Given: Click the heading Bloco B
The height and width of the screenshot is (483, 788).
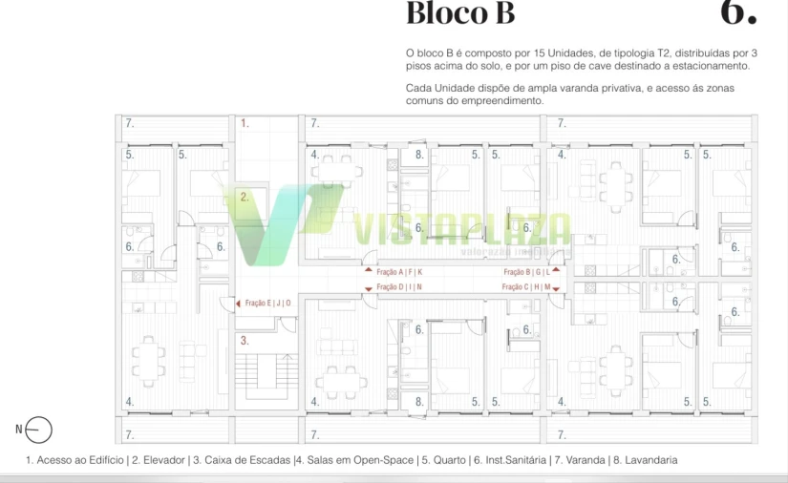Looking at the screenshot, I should click(x=460, y=14).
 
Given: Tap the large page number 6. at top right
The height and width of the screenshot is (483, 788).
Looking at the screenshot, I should click(x=738, y=12).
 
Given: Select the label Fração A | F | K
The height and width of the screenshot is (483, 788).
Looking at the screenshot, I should click(x=399, y=272).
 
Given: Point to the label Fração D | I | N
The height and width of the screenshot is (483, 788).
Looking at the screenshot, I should click(x=399, y=287).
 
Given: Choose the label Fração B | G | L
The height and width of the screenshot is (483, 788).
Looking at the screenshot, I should click(x=527, y=272).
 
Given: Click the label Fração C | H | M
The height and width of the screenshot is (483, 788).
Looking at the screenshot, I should click(x=527, y=287).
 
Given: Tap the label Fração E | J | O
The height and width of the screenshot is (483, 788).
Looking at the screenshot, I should click(x=268, y=304).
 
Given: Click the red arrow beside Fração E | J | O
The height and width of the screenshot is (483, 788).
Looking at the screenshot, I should click(x=238, y=304).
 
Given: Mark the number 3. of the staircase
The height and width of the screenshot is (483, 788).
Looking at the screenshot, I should click(x=245, y=340).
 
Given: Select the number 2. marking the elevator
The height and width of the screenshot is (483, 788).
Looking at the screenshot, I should click(x=245, y=197).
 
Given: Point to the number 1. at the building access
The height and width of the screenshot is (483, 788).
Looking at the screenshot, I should click(x=245, y=123).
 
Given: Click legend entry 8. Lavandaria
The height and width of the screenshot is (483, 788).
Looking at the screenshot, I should click(x=645, y=460).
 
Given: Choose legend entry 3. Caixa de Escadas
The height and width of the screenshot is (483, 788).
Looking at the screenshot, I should click(x=243, y=460).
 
